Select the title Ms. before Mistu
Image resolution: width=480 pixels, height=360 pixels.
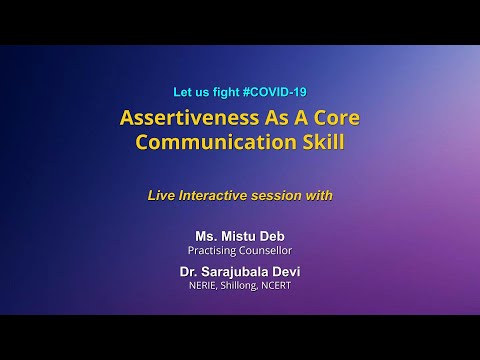tap(206, 237)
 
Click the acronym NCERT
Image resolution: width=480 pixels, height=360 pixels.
tap(283, 284)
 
